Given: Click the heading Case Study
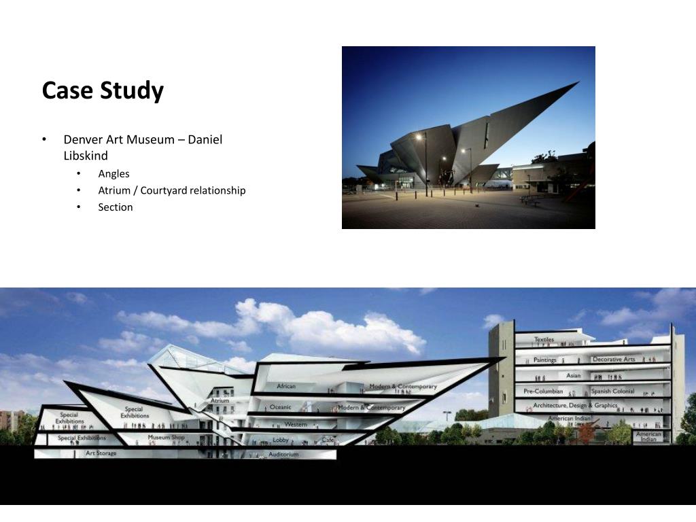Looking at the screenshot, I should coord(103,90).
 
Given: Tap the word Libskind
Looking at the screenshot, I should coord(86,156).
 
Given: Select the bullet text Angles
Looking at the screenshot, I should coord(114,173).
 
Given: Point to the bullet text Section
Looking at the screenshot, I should coord(116,207).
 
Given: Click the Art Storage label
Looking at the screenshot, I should coord(101,453).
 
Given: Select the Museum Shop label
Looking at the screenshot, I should coord(166,437).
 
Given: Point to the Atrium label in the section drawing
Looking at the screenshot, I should coord(220,401).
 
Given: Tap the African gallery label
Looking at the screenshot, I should coord(286,387).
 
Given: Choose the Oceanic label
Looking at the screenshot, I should coord(280,407).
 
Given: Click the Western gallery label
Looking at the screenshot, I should coord(296,425).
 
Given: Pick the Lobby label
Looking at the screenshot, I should coord(281,440).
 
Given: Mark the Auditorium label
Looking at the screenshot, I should coord(283,454).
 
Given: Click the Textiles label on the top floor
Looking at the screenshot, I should coord(544,339).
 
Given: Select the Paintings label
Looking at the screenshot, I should coord(544,360).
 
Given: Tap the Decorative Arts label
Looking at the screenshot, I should coord(614,359).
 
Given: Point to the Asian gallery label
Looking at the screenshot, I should coord(574,375).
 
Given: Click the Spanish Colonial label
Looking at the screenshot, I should coord(612,391).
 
